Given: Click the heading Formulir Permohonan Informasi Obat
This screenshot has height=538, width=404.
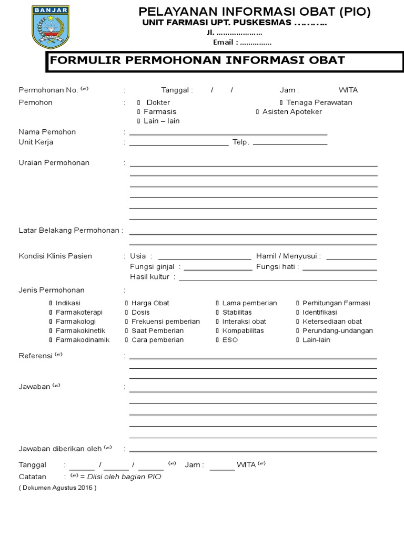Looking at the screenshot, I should tap(197, 60).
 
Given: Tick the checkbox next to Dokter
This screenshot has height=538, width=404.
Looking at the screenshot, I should tap(138, 103).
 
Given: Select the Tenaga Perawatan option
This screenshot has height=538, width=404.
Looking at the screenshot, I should tap(281, 103).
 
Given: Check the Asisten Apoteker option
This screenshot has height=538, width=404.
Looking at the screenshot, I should tap(257, 112).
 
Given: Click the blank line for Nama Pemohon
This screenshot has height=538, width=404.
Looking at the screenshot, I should tap(228, 134).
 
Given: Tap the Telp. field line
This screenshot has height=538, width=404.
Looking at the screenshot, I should tap(290, 143).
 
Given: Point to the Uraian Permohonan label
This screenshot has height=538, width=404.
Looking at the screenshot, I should tap(54, 162).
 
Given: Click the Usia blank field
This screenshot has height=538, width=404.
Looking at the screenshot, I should tap(208, 258).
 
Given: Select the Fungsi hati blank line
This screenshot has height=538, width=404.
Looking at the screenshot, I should tap(340, 268).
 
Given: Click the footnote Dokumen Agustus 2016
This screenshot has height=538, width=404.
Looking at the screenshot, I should tap(58, 488).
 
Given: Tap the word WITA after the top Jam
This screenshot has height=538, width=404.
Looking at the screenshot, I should tap(348, 90).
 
